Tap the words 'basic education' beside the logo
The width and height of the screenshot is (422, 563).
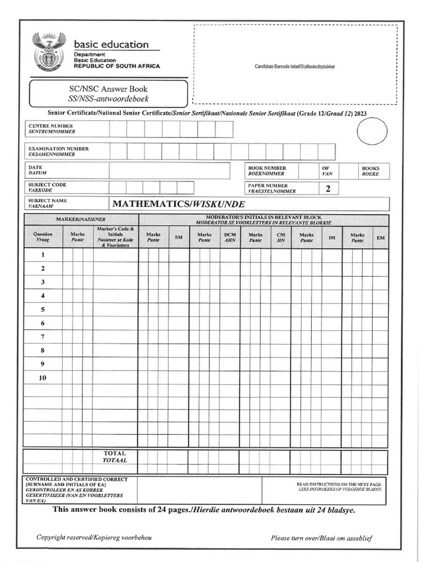111,45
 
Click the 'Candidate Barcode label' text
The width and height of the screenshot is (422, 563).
295,67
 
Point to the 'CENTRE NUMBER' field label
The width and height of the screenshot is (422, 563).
51,126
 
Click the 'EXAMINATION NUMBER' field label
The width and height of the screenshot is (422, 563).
58,148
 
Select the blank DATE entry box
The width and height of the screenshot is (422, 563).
169,170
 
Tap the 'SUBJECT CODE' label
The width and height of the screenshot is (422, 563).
47,185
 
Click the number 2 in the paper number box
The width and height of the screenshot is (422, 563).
328,189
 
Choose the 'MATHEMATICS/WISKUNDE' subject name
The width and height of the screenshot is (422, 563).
175,205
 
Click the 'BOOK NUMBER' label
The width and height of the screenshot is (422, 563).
267,168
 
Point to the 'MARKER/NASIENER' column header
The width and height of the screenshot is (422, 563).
80,219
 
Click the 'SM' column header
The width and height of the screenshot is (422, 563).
179,237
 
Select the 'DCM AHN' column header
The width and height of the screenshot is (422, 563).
230,237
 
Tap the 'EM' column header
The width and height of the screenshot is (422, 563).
380,237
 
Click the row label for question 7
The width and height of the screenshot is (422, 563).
43,336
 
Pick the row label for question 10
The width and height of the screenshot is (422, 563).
43,378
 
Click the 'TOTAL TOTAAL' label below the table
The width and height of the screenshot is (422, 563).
115,457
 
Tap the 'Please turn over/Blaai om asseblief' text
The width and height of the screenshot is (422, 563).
321,538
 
